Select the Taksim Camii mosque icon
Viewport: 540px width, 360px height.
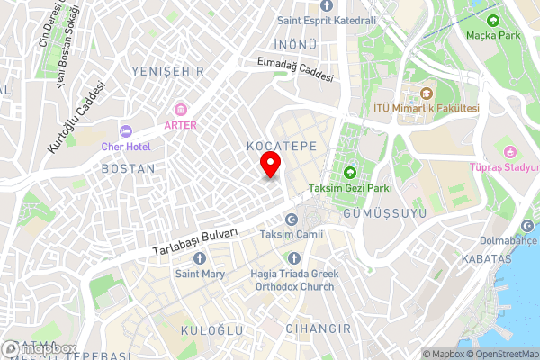291,220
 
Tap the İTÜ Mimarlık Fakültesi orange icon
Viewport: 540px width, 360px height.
427,93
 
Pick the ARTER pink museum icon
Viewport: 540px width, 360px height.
182,110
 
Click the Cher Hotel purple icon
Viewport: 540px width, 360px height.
125,131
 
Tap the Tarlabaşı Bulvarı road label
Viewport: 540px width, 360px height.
195,238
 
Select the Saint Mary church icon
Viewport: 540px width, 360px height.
199,259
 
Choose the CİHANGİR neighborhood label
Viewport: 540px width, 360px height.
316,329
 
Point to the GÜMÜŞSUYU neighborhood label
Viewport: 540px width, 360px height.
377,213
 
